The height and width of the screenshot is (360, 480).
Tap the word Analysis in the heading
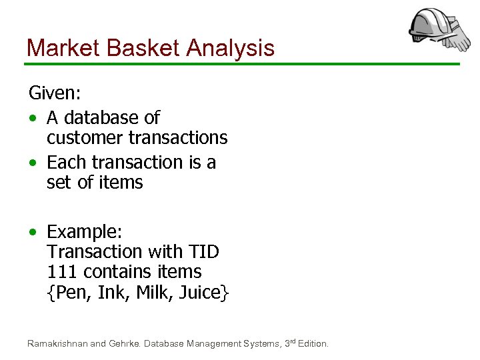(231, 48)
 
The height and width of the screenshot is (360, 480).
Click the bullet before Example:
(32, 233)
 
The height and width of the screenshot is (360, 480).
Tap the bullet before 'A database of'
(32, 119)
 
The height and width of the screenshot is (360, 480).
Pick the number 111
(61, 272)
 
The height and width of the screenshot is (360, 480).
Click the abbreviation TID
(203, 252)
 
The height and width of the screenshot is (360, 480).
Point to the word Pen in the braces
(73, 292)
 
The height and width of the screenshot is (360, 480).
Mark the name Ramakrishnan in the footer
(57, 344)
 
